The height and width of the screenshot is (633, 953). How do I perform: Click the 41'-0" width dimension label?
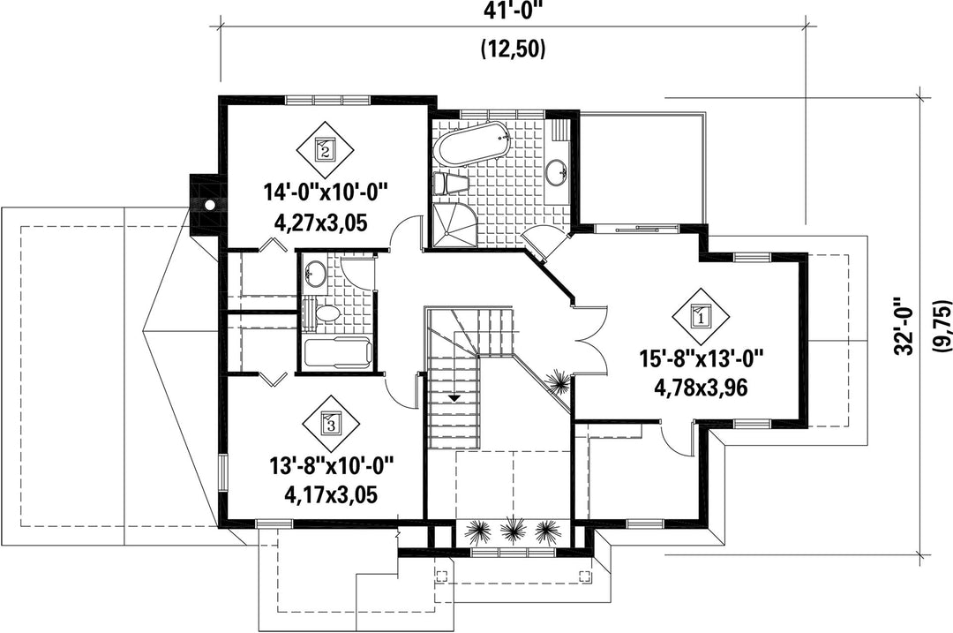pyautogui.click(x=513, y=11)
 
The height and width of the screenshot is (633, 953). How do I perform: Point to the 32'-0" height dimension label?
pyautogui.click(x=904, y=327)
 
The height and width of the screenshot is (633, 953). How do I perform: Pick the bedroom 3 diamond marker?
pyautogui.click(x=331, y=421)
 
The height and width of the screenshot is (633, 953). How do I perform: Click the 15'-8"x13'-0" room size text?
pyautogui.click(x=700, y=360)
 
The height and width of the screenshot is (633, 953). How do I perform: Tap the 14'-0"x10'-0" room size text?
pyautogui.click(x=325, y=193)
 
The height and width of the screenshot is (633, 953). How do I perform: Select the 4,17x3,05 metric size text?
pyautogui.click(x=331, y=494)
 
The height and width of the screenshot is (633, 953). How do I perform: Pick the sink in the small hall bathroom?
pyautogui.click(x=315, y=272)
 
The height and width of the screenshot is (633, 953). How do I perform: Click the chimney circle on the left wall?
pyautogui.click(x=210, y=205)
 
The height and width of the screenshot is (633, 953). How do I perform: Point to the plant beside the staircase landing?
pyautogui.click(x=557, y=382)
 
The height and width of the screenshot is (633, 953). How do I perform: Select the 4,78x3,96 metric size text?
pyautogui.click(x=700, y=387)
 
